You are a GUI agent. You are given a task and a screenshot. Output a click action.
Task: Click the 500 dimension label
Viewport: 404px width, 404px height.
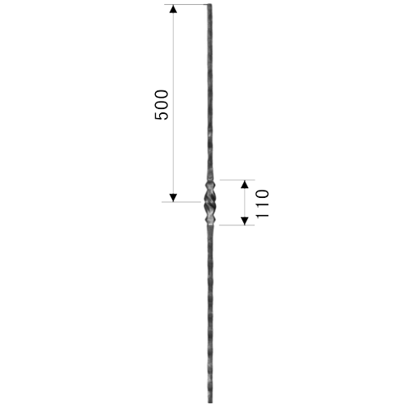pyautogui.click(x=162, y=105)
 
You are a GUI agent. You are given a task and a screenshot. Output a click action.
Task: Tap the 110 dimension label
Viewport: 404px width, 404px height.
pyautogui.click(x=262, y=204)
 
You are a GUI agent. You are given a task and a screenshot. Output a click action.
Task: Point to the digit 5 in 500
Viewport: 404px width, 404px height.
pyautogui.click(x=162, y=116)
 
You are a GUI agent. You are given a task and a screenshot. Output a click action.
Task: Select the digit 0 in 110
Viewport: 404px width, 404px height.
pyautogui.click(x=262, y=195)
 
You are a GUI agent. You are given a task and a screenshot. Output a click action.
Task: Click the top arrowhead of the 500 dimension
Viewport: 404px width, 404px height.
pyautogui.click(x=173, y=9)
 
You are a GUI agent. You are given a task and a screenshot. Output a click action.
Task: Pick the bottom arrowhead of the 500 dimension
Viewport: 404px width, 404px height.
pyautogui.click(x=173, y=198)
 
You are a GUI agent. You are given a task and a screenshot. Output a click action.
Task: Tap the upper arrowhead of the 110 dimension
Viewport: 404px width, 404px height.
pyautogui.click(x=244, y=184)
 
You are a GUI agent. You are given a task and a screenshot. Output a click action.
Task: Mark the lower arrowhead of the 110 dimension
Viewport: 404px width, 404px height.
pyautogui.click(x=244, y=221)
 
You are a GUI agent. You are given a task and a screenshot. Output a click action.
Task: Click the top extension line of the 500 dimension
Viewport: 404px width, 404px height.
pyautogui.click(x=186, y=5)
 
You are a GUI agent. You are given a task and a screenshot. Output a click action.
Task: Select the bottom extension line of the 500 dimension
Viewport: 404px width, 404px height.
pyautogui.click(x=181, y=202)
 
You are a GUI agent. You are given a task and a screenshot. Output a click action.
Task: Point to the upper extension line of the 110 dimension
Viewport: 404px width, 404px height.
pyautogui.click(x=238, y=179)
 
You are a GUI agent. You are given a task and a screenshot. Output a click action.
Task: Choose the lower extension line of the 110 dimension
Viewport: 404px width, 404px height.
pyautogui.click(x=237, y=225)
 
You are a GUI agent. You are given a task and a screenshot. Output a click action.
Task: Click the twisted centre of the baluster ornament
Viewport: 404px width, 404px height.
pyautogui.click(x=210, y=202)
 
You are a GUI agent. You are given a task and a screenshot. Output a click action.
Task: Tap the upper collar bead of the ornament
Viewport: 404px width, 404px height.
pyautogui.click(x=210, y=185)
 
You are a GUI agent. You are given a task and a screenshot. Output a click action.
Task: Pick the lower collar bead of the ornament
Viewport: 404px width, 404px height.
pyautogui.click(x=210, y=219)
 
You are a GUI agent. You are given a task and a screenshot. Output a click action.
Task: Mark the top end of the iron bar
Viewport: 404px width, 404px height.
pyautogui.click(x=209, y=5)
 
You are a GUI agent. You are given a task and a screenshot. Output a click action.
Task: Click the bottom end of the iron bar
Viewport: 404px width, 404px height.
pyautogui.click(x=210, y=402)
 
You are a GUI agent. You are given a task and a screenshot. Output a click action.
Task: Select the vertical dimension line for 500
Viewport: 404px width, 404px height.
pyautogui.click(x=173, y=103)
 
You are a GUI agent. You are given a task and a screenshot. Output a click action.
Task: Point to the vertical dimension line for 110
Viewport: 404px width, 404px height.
pyautogui.click(x=244, y=202)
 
